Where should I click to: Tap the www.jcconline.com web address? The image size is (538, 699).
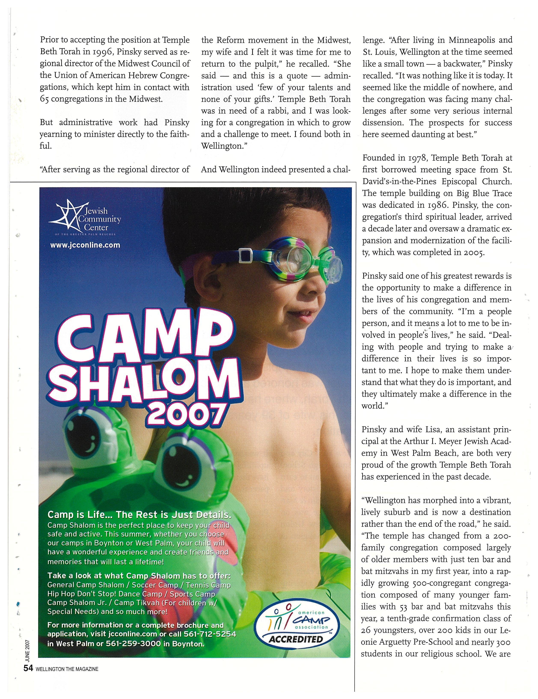point(85,245)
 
